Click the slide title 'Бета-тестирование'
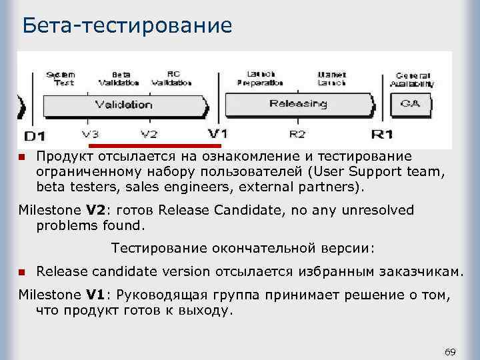(x=127, y=25)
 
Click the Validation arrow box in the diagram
(x=124, y=105)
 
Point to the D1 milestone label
(x=35, y=136)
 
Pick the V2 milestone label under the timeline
(x=149, y=134)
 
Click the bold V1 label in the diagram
(x=217, y=133)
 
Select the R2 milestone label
(x=297, y=134)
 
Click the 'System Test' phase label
(x=60, y=79)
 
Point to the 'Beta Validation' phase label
(x=119, y=79)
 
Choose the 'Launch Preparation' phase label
(x=259, y=79)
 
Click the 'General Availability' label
(x=413, y=80)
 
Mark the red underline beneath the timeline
(x=155, y=145)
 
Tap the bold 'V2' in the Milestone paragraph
(x=97, y=211)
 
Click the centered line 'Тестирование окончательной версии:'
(x=243, y=248)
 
